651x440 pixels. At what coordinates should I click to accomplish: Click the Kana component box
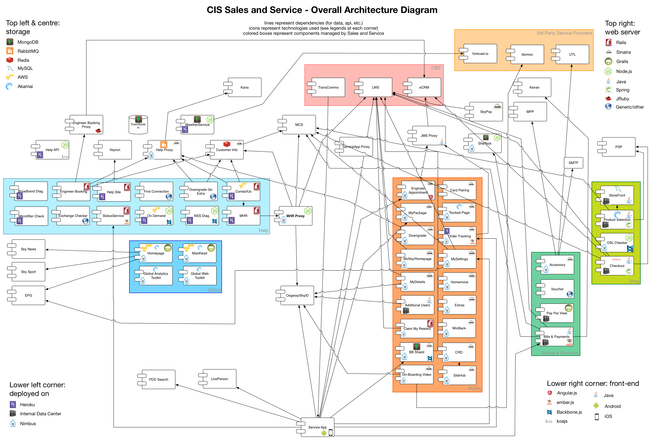[x=244, y=87]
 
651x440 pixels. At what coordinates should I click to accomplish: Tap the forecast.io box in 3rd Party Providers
[x=480, y=54]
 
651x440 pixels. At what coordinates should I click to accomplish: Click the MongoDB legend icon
[x=10, y=42]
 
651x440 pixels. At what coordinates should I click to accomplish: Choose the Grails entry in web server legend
[x=622, y=62]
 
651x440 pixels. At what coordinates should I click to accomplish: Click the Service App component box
[x=317, y=427]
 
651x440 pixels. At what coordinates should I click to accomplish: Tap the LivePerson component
[x=219, y=379]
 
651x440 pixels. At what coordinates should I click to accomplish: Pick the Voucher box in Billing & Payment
[x=557, y=289]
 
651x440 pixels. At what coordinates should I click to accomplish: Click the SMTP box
[x=573, y=163]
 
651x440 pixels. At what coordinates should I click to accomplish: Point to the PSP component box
[x=618, y=147]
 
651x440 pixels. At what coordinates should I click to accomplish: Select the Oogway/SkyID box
[x=297, y=295]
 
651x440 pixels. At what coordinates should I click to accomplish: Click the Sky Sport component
[x=28, y=272]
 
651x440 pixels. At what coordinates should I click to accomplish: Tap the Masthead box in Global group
[x=199, y=253]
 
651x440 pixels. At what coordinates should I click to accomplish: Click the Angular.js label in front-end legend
[x=567, y=393]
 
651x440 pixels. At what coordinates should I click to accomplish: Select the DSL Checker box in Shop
[x=617, y=243]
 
